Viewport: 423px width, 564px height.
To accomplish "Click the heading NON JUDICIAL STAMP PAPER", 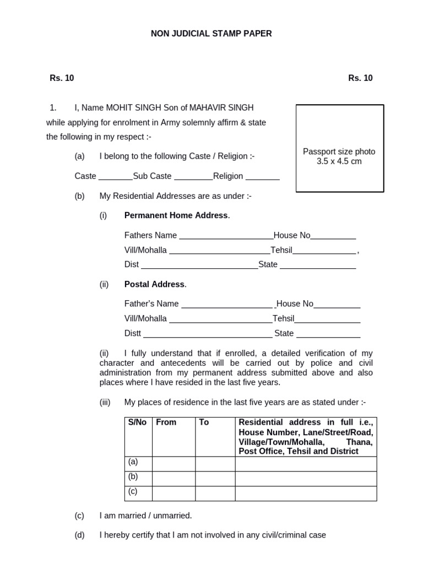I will click(211, 34).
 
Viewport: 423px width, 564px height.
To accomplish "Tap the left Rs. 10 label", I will click(62, 78).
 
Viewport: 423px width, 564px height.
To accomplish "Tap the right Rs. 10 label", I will click(360, 78).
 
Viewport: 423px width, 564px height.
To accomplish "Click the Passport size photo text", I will click(339, 151).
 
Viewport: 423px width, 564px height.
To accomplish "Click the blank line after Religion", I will click(262, 177).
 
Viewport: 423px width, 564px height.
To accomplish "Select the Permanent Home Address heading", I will click(176, 215).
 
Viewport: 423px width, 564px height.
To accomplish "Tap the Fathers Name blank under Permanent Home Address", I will click(226, 236).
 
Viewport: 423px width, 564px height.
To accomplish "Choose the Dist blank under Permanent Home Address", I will click(199, 265).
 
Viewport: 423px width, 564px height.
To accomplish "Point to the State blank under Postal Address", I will click(328, 334).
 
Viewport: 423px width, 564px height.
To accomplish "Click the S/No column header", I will click(137, 422).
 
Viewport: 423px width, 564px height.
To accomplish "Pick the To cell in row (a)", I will click(215, 464).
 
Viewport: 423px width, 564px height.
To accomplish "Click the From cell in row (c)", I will click(173, 493).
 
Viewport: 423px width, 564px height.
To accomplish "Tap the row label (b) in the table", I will click(133, 477).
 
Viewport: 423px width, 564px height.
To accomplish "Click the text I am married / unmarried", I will click(145, 516).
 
